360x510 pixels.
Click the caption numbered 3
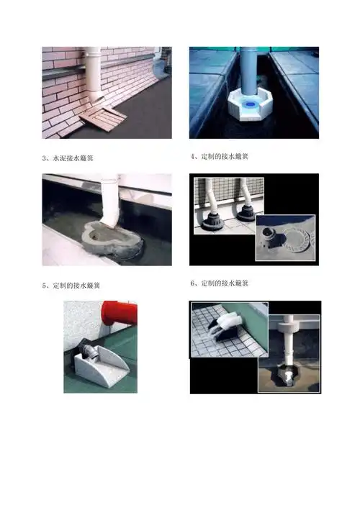click(x=68, y=158)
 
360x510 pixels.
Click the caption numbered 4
click(x=220, y=156)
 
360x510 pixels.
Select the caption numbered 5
click(x=71, y=286)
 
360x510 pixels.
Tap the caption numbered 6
click(x=220, y=283)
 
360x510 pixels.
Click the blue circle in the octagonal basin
click(x=251, y=104)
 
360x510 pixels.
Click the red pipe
click(x=120, y=313)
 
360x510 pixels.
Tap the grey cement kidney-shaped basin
click(x=112, y=240)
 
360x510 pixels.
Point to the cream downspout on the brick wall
click(x=93, y=75)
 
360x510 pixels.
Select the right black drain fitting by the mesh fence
click(x=246, y=214)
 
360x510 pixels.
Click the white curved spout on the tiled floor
click(x=228, y=323)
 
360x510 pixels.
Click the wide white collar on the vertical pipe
click(x=288, y=327)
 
